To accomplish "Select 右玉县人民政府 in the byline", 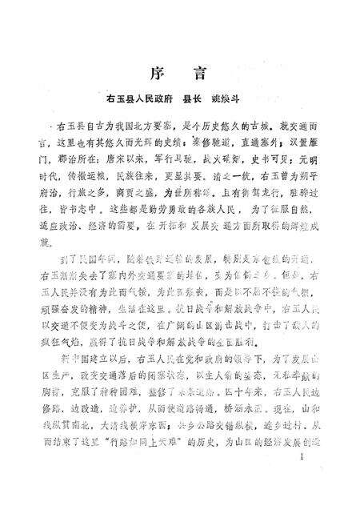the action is (x=141, y=102).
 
